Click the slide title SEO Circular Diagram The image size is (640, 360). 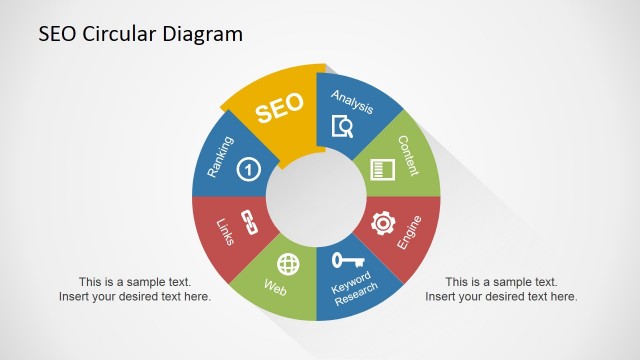[140, 34]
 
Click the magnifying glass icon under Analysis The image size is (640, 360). [343, 126]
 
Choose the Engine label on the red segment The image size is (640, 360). [408, 233]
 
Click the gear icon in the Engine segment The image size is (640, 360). [382, 222]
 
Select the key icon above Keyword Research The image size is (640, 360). [347, 260]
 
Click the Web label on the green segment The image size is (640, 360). [275, 288]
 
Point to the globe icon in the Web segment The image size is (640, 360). [288, 264]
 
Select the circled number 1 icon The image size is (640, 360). [249, 171]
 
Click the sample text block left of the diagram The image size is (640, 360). [135, 289]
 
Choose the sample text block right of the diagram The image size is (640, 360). [501, 289]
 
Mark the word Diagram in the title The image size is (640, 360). [203, 34]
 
